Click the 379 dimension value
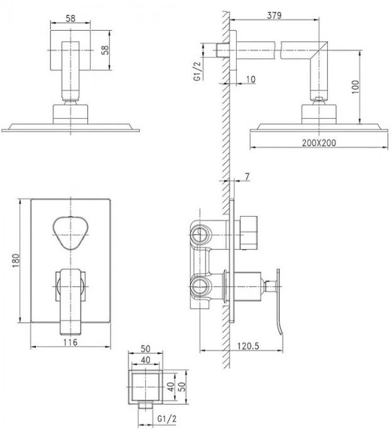click(275, 15)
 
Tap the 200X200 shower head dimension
click(318, 142)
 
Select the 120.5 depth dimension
click(248, 346)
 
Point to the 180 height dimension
click(16, 261)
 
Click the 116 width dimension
click(70, 342)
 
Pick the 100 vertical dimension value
click(355, 87)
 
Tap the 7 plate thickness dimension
click(248, 177)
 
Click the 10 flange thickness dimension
click(251, 79)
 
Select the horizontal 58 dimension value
click(70, 18)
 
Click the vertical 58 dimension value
click(105, 50)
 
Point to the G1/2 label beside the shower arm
click(197, 71)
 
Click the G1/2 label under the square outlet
click(167, 419)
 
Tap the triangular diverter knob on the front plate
click(71, 233)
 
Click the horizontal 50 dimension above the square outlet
click(146, 348)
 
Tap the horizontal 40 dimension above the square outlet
click(146, 360)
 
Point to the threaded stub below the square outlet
click(146, 406)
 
